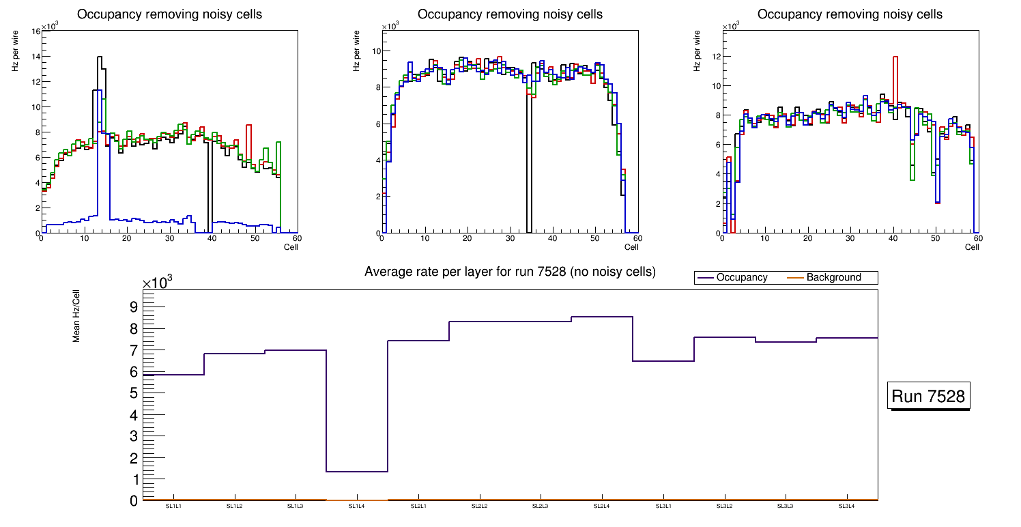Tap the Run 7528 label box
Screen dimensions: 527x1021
click(x=930, y=397)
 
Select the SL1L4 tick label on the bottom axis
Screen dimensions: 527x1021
click(x=357, y=507)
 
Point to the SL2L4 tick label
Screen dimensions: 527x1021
click(x=601, y=507)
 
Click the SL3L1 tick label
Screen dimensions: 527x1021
click(x=663, y=507)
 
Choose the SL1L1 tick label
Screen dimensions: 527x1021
click(x=173, y=507)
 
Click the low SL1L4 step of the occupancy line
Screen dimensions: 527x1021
click(x=357, y=472)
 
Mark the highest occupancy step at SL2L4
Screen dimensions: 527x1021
click(x=602, y=317)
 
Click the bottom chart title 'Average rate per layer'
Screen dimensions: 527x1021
click(x=510, y=272)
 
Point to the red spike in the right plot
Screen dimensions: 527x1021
click(x=895, y=57)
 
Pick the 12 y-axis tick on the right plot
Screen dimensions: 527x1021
click(x=717, y=56)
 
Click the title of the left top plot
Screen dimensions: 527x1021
click(x=169, y=14)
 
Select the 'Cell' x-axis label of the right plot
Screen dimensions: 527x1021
click(x=972, y=246)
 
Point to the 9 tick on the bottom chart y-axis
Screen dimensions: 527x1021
click(x=133, y=307)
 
